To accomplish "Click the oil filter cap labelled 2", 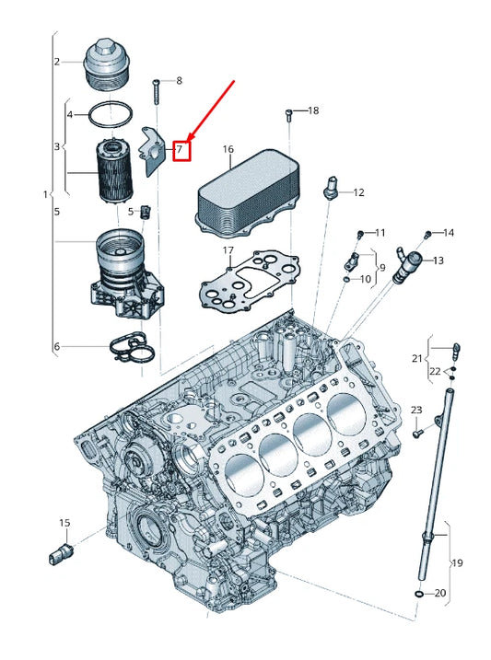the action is click(104, 64).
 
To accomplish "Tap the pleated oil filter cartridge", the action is click(114, 171).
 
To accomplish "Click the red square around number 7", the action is click(182, 151).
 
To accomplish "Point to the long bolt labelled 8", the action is click(157, 91).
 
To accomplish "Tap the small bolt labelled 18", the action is click(289, 116).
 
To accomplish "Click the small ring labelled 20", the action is click(419, 594).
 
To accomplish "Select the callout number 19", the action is click(457, 562).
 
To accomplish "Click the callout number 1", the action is click(45, 194).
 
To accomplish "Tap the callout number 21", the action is click(416, 358).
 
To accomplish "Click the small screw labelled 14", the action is click(427, 233).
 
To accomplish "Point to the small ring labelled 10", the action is click(345, 279).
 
